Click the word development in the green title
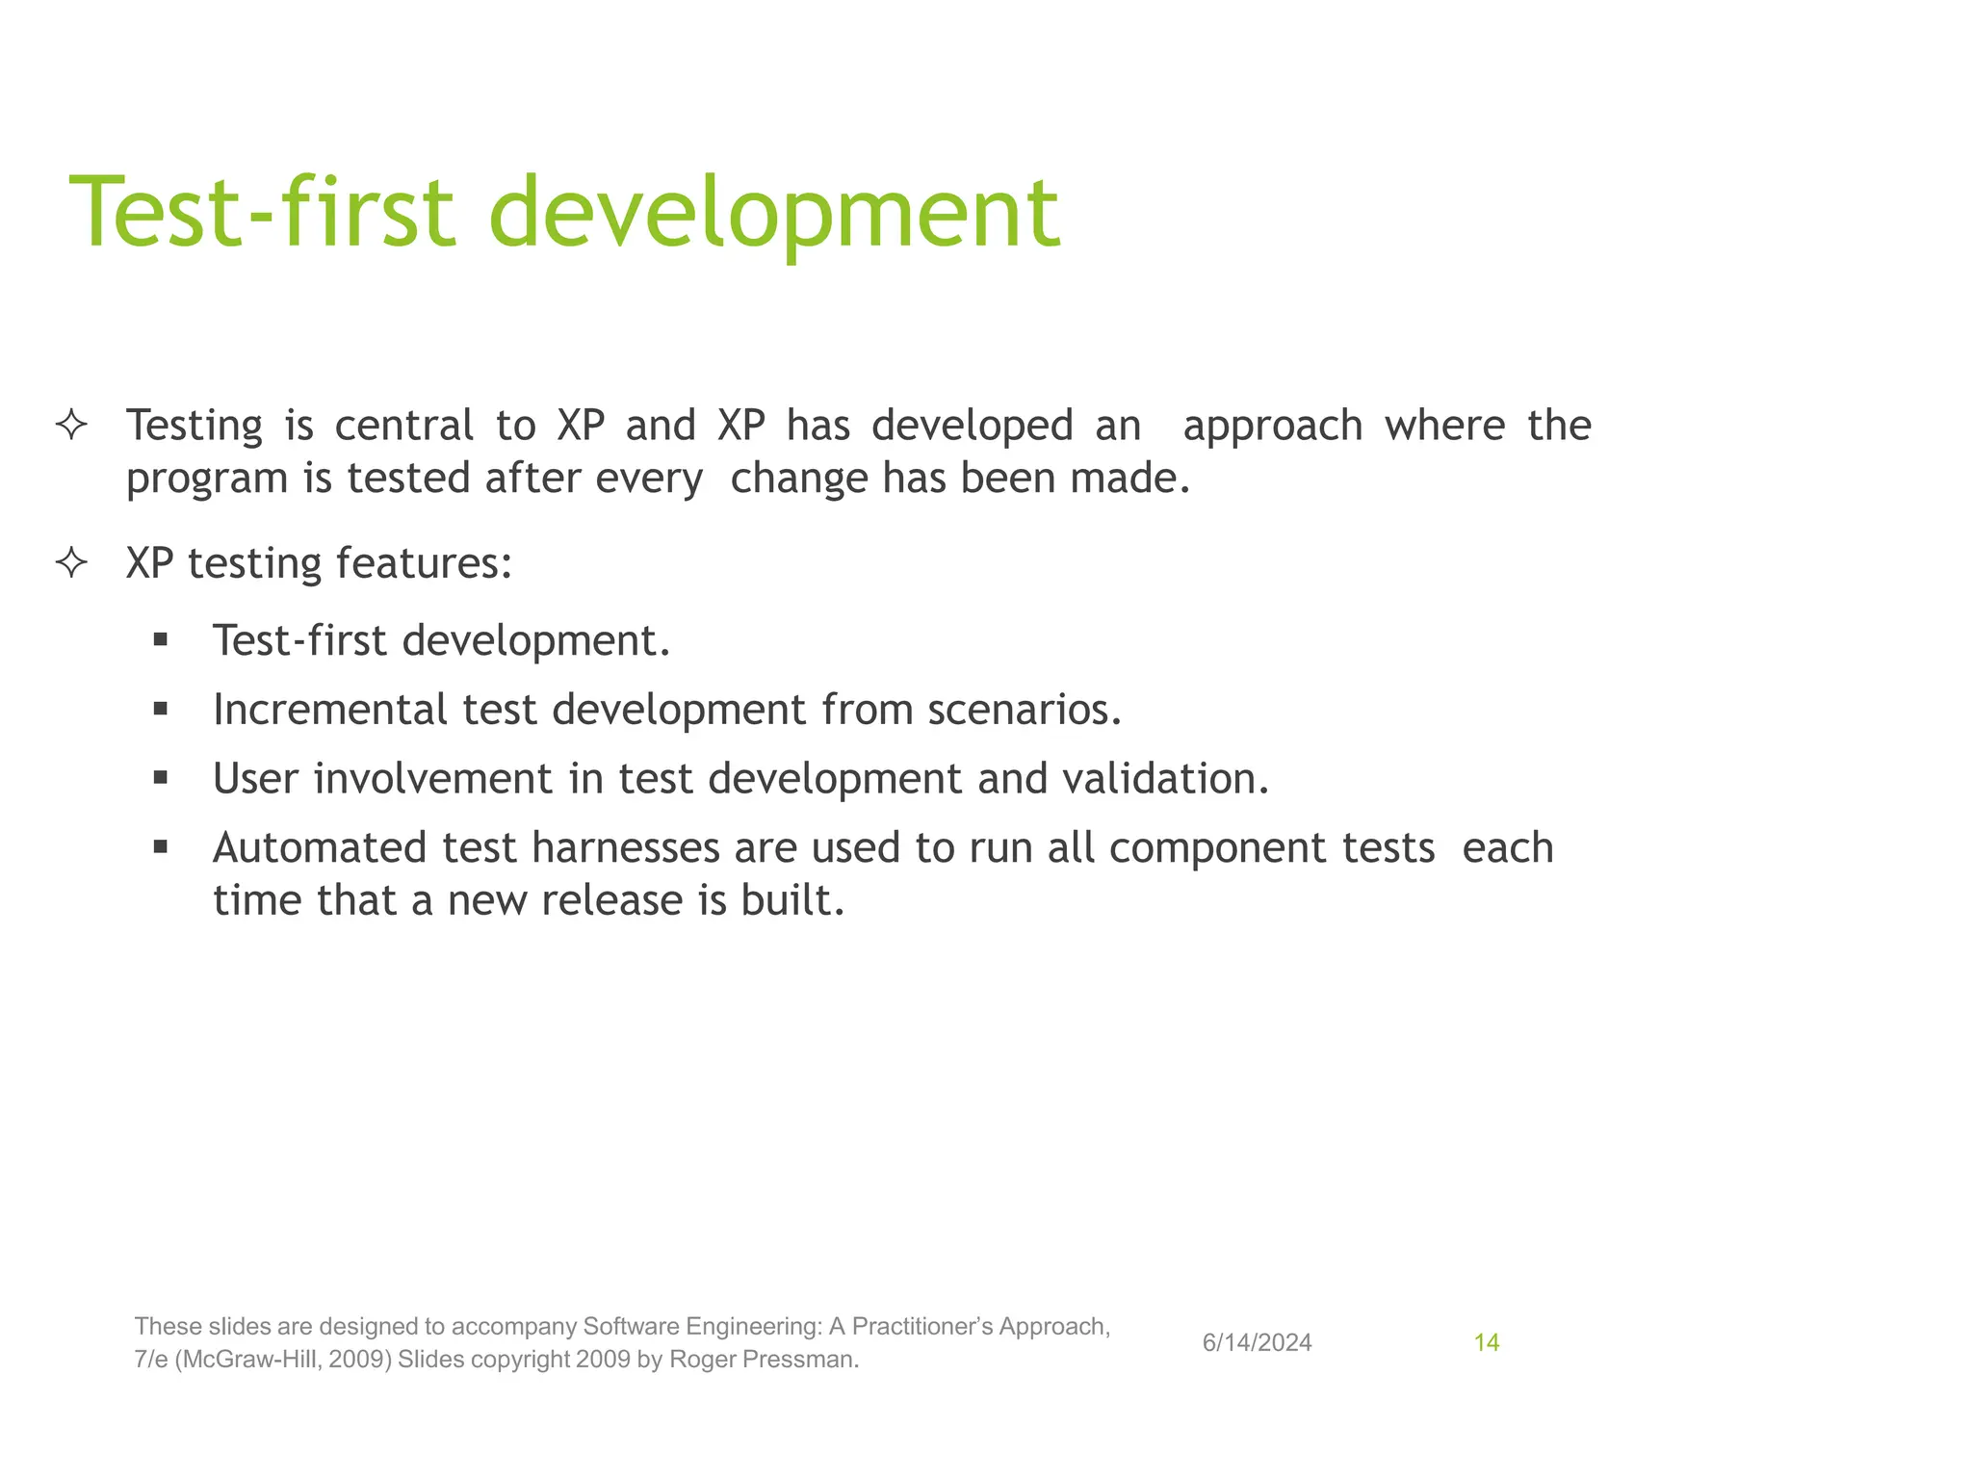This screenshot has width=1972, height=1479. pos(774,214)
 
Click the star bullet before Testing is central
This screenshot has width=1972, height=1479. pos(72,425)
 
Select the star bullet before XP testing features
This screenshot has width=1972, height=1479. pos(72,562)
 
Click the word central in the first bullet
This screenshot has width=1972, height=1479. pos(403,426)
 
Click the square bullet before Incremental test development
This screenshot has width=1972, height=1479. pos(161,710)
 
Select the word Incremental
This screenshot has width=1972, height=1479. pos(329,710)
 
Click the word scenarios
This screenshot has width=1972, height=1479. pos(1024,710)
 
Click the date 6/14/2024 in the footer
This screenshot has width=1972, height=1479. pos(1257,1343)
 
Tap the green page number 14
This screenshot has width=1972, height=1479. pos(1486,1343)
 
